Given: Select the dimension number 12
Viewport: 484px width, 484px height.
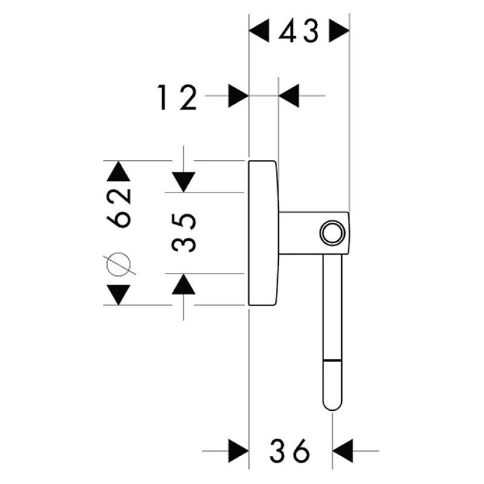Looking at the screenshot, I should (x=177, y=96).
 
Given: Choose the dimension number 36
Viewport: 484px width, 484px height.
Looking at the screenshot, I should (x=290, y=451).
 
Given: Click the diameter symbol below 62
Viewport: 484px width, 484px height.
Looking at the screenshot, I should (x=119, y=263).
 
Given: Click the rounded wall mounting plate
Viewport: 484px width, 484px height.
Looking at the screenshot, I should (x=263, y=233).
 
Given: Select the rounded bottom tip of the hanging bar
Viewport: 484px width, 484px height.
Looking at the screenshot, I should (x=332, y=402).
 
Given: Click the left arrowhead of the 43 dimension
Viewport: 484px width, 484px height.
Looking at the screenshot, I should (x=260, y=31).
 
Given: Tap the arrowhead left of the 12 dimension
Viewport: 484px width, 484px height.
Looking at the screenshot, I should (x=238, y=96).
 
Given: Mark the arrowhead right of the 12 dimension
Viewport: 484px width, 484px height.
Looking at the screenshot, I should (x=289, y=96).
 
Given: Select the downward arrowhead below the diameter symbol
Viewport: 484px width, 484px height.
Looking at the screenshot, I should (x=118, y=294).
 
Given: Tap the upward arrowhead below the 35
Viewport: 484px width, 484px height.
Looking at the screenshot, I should (x=183, y=284).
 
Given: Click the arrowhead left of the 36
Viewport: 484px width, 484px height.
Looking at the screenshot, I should (x=238, y=451).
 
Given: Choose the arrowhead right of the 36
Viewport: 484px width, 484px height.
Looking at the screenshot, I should (x=343, y=451).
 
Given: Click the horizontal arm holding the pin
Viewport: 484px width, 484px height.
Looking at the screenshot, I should (x=302, y=233).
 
